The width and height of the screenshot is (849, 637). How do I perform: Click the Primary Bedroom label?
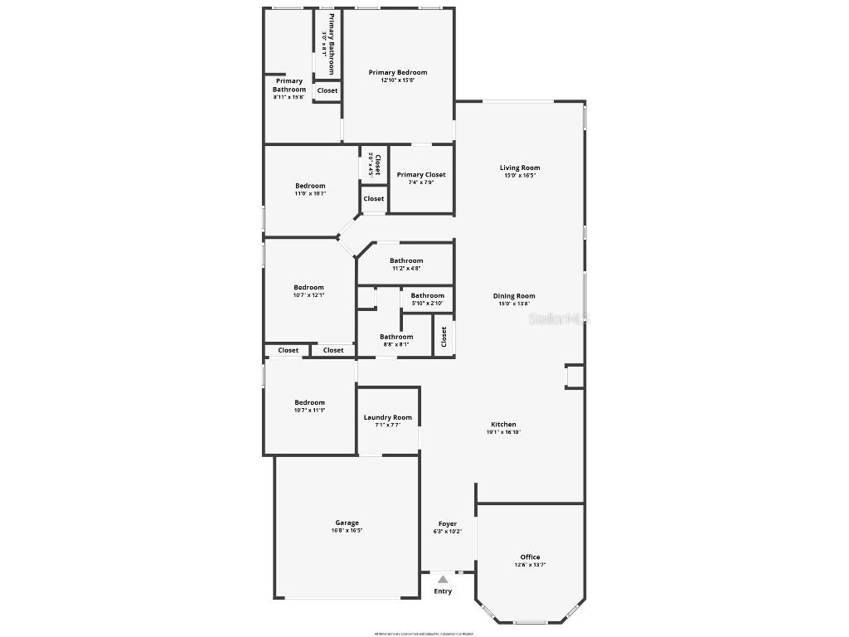pos(398,73)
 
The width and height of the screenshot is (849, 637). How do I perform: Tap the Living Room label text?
pos(520,168)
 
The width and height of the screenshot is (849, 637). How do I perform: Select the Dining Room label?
pos(514,296)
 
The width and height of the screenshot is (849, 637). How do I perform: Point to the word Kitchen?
pos(503,425)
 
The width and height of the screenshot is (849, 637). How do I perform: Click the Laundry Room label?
pos(387,418)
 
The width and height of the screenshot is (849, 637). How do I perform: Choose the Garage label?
pos(347,523)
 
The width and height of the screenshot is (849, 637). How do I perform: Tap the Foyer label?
pos(448,524)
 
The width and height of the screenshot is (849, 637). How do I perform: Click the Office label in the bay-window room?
pos(530,557)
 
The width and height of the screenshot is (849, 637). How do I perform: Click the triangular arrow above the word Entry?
pos(444,580)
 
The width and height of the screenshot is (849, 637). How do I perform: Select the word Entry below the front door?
pos(444,591)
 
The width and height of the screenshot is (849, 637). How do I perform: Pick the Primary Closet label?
pos(421,175)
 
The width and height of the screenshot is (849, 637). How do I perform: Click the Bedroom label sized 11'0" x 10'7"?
pos(310,186)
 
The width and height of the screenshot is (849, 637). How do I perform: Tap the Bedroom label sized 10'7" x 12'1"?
pos(308,288)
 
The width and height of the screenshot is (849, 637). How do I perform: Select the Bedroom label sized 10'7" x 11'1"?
pos(309,403)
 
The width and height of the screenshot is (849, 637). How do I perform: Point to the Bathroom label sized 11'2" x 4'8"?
pos(406,261)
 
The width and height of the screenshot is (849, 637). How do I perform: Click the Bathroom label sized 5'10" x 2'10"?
pos(428,296)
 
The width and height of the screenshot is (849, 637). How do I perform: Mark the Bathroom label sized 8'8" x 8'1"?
pos(396,338)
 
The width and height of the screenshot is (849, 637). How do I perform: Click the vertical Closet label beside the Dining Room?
pos(444,336)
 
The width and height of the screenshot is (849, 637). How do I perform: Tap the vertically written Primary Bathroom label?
pos(332,44)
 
